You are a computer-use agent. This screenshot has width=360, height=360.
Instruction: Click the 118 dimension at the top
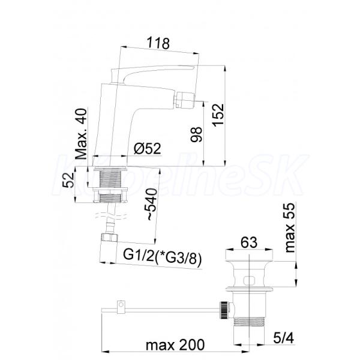point(158,43)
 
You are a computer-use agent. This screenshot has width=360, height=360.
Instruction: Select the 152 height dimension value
point(218,115)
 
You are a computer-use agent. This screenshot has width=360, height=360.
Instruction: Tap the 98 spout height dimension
point(197,134)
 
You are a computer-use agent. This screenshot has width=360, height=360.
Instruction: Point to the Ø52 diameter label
point(147,148)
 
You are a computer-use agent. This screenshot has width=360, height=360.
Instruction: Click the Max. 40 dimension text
point(81,134)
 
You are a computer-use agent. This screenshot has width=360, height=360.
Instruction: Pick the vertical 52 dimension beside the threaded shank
point(68,180)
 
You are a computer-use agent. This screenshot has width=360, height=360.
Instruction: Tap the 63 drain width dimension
point(249,242)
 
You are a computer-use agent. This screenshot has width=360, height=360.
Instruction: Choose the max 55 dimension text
point(290,228)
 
